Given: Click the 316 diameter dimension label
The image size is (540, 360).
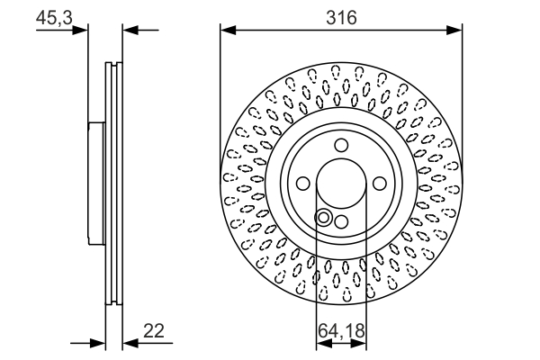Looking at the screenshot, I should click(x=341, y=17).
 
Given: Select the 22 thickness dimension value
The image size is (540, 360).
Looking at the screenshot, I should click(x=156, y=331).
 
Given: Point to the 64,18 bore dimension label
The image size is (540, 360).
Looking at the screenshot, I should click(x=341, y=331).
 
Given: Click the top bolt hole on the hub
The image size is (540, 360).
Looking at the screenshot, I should click(x=341, y=147).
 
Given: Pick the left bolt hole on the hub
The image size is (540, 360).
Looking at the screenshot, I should click(x=303, y=184).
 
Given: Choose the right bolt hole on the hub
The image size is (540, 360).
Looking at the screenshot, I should click(x=378, y=184).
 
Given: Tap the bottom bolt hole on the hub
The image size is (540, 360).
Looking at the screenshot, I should click(x=341, y=220).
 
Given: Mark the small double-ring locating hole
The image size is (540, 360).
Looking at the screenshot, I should click(x=323, y=216).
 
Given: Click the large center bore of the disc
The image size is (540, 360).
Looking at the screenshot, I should click(x=341, y=184).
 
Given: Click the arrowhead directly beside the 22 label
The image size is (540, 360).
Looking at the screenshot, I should click(x=129, y=343).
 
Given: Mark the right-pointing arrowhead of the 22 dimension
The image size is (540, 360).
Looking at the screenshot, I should click(x=99, y=343).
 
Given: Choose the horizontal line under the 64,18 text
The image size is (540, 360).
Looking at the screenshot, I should click(x=341, y=343).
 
